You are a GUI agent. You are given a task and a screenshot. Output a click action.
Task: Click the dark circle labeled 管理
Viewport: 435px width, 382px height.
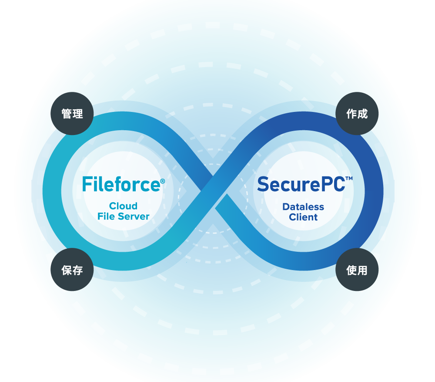click(72, 114)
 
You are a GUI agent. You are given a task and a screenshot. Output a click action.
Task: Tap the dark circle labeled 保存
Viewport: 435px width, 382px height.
click(72, 270)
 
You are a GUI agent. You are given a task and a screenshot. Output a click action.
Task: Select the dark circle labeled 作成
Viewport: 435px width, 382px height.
click(357, 114)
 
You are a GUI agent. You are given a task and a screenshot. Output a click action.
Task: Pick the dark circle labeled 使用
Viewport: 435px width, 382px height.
click(357, 270)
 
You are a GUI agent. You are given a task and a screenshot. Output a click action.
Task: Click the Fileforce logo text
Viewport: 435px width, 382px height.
click(121, 184)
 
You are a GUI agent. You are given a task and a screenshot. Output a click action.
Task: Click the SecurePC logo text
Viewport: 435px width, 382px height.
click(301, 184)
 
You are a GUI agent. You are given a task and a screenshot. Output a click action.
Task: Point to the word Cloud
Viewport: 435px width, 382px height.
click(123, 206)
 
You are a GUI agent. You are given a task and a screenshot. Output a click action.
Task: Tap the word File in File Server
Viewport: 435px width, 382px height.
click(106, 216)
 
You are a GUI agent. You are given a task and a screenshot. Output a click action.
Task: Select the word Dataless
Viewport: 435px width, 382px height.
click(303, 207)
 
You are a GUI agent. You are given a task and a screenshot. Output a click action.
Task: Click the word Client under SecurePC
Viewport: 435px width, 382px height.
click(303, 217)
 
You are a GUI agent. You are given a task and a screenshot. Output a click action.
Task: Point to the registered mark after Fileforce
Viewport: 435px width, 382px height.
click(163, 181)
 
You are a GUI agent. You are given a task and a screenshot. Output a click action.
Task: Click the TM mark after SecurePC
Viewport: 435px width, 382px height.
click(349, 178)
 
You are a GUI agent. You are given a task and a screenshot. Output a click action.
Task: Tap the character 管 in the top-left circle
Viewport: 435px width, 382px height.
click(67, 114)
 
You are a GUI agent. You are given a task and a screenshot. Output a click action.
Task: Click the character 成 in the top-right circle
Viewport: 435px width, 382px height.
click(363, 114)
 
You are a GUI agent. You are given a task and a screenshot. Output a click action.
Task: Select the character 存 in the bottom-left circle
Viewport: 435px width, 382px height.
click(78, 270)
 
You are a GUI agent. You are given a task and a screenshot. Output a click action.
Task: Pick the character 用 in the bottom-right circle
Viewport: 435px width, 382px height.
click(362, 270)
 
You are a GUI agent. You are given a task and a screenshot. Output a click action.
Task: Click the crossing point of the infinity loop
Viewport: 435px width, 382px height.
click(214, 192)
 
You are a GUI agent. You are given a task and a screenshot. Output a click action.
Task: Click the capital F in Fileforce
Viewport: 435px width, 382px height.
click(87, 184)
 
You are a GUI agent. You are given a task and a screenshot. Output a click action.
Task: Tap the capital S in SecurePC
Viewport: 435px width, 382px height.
click(263, 184)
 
